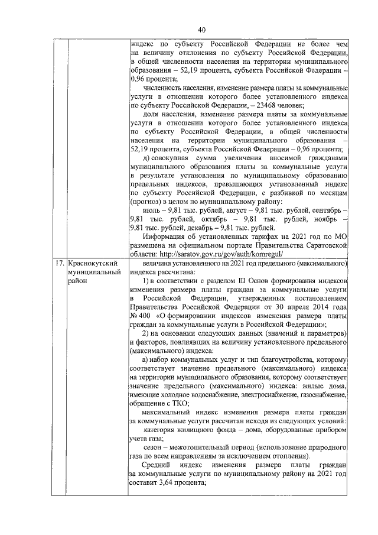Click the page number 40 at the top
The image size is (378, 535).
201,30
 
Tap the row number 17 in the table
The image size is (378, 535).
59,263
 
